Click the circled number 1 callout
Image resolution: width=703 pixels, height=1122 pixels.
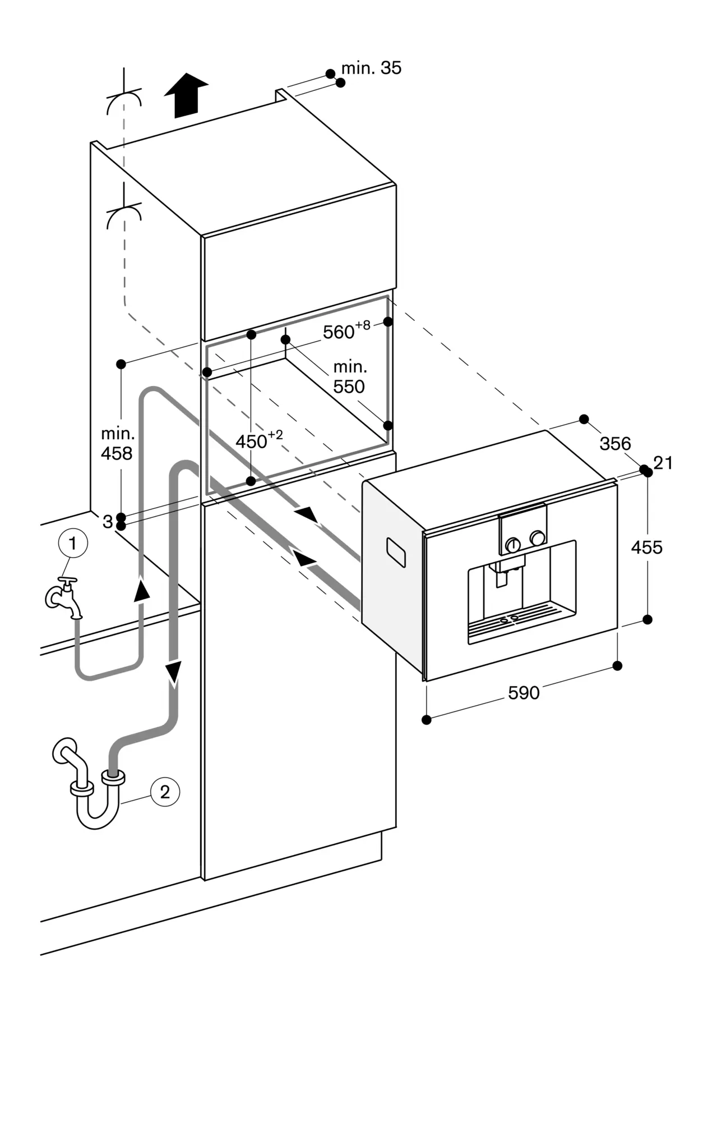click(x=72, y=543)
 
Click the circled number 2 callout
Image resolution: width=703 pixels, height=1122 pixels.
click(x=165, y=792)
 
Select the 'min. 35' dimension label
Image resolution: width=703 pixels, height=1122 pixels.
click(x=371, y=68)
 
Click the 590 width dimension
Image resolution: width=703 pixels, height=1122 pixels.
click(x=524, y=693)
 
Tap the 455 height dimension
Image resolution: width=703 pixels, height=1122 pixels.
click(x=646, y=547)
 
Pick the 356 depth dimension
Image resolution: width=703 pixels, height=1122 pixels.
click(x=615, y=444)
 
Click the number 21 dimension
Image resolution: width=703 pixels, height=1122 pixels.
click(x=663, y=463)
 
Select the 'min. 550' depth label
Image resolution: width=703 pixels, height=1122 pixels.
click(x=349, y=377)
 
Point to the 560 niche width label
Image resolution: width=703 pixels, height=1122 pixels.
click(x=346, y=330)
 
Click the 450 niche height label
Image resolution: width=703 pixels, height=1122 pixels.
click(x=258, y=440)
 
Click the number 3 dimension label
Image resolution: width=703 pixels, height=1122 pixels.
click(x=108, y=522)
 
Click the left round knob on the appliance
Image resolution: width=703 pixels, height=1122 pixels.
click(x=512, y=544)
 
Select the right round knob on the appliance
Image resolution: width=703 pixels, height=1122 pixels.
click(x=538, y=537)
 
